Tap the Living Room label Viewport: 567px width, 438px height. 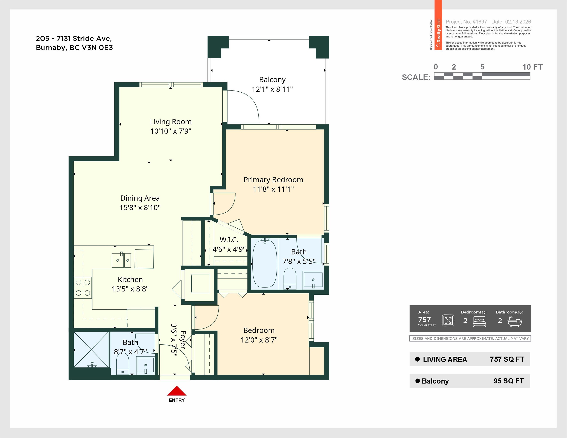(171, 122)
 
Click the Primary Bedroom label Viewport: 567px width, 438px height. (273, 180)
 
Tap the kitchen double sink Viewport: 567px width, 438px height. (121, 260)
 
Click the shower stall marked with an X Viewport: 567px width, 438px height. (91, 350)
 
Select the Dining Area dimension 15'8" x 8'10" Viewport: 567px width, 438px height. (140, 208)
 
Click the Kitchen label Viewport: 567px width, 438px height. (130, 279)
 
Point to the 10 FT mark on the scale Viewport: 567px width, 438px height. (532, 67)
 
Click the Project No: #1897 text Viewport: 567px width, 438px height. (466, 22)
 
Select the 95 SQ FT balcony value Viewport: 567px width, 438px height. (509, 381)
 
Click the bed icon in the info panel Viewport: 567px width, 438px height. (479, 321)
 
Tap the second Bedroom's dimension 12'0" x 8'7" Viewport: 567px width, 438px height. (259, 340)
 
